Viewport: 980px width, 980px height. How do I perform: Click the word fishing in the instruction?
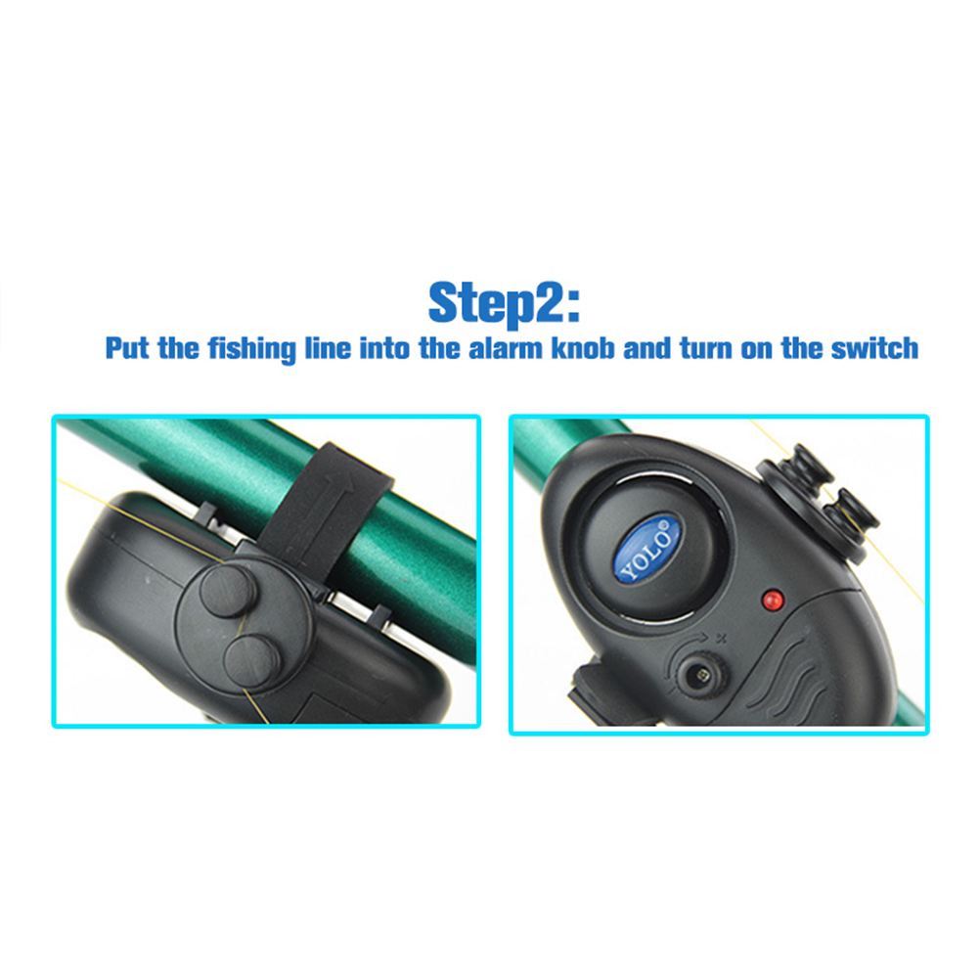point(252,349)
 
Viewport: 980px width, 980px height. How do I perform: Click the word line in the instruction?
point(328,348)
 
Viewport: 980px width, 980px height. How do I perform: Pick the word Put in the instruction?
point(127,348)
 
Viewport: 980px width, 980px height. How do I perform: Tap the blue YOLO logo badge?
point(648,549)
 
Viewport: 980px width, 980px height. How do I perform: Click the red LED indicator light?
point(773,600)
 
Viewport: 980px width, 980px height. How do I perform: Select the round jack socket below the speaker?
point(701,675)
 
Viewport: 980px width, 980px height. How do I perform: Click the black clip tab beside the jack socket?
point(591,692)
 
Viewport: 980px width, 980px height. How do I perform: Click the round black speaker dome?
point(654,548)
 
